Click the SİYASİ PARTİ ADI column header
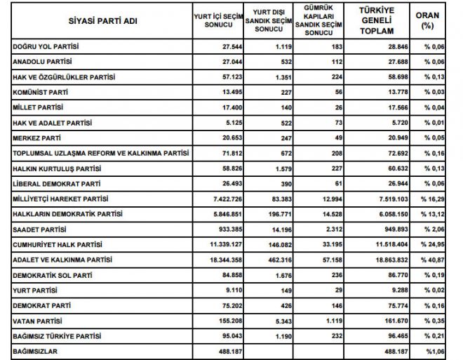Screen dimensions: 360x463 pyautogui.click(x=103, y=21)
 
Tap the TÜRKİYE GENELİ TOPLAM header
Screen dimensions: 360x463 pyautogui.click(x=376, y=21)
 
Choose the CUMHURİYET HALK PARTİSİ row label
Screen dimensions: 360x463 pyautogui.click(x=58, y=245)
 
